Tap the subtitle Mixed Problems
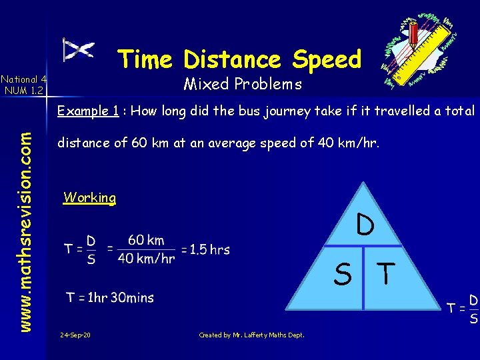click(243, 85)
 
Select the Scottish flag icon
click(78, 50)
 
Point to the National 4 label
click(23, 78)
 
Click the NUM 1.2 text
click(23, 90)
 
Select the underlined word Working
click(89, 197)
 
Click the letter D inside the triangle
click(364, 225)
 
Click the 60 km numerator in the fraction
click(145, 240)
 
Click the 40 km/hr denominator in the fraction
click(146, 259)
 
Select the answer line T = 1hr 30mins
click(110, 297)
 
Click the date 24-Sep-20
click(75, 335)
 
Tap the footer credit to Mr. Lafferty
click(252, 335)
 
